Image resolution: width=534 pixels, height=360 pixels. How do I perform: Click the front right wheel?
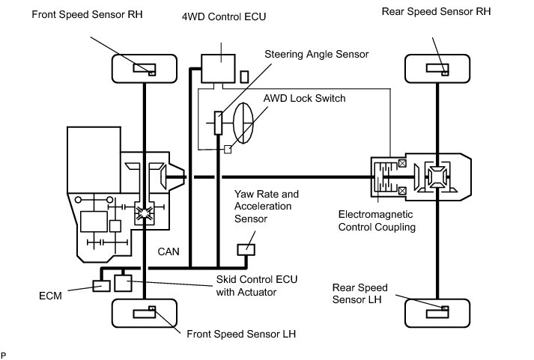point(142,68)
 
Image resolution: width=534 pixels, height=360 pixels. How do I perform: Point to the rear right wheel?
point(436,68)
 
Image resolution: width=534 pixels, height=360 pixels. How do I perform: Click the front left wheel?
point(142,312)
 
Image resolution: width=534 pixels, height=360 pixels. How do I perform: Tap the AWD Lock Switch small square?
point(228,150)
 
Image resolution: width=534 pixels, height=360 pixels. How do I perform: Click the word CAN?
point(169,252)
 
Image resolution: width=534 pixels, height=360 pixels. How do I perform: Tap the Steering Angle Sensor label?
point(316,54)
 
